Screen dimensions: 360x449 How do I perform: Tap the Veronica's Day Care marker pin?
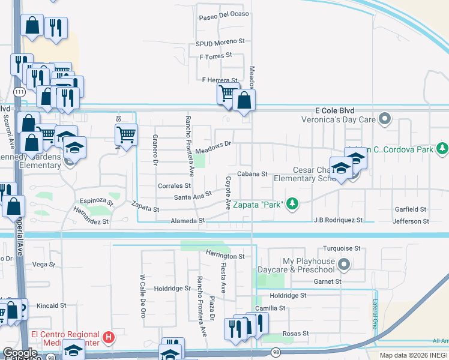[386, 118]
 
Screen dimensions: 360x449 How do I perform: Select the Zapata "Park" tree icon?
[292, 205]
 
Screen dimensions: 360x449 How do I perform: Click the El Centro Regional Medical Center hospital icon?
[108, 338]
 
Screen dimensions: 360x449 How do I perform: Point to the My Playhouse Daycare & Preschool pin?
[344, 264]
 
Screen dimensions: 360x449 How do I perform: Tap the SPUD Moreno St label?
[220, 43]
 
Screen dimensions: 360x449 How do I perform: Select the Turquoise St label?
[341, 248]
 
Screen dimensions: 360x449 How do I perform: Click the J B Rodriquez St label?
[338, 220]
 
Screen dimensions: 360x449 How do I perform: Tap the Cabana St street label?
[252, 174]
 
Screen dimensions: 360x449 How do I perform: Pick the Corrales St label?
[174, 186]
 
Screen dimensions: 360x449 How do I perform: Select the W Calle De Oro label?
[143, 296]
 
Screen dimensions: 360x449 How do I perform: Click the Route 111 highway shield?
[20, 91]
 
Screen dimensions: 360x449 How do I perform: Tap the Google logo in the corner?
[20, 353]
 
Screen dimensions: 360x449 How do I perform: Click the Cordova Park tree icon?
[443, 148]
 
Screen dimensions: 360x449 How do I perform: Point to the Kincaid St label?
[51, 305]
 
